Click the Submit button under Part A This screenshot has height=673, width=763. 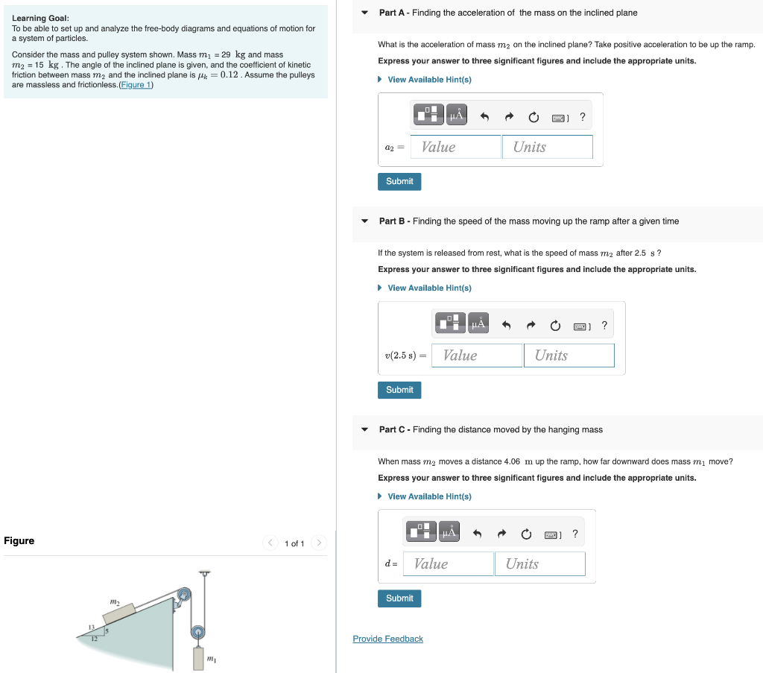tap(399, 181)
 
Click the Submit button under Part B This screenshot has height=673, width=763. tap(399, 390)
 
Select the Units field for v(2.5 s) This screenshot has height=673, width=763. tap(569, 356)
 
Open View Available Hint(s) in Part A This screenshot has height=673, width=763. tap(429, 80)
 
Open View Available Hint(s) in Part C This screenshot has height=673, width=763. tap(429, 496)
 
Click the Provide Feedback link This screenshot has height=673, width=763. tap(387, 639)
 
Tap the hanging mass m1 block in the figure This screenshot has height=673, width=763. tap(198, 658)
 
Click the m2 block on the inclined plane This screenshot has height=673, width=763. tap(119, 612)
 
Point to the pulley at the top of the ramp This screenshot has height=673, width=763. tap(183, 595)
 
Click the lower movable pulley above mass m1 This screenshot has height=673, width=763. tap(197, 632)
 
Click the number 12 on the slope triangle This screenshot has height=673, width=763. tap(95, 639)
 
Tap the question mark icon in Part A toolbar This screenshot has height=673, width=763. tap(582, 116)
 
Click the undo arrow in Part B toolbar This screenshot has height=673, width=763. tap(507, 325)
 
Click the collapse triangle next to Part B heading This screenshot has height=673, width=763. tap(364, 221)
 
